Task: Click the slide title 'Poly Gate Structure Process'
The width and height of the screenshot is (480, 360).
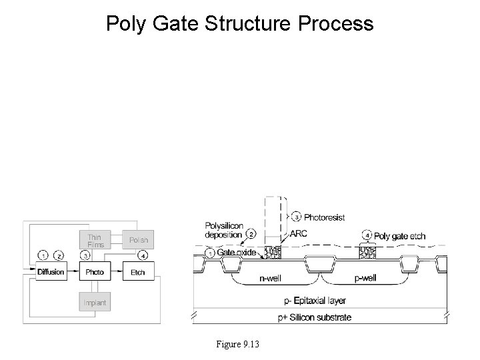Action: [x=240, y=24]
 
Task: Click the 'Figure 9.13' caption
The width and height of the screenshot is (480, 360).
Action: [x=238, y=344]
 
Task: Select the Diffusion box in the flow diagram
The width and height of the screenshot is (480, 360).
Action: [x=51, y=272]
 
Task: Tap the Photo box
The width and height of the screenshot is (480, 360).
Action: [x=95, y=272]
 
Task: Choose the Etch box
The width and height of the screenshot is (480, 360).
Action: [x=137, y=272]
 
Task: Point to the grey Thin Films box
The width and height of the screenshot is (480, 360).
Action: [x=95, y=240]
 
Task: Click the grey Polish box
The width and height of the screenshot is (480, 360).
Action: [x=138, y=240]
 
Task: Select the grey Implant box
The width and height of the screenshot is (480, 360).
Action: [x=95, y=303]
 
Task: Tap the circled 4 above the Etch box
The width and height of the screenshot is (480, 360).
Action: [x=143, y=256]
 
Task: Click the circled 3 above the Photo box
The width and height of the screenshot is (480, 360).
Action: [x=86, y=256]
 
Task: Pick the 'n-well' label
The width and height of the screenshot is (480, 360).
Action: [x=273, y=281]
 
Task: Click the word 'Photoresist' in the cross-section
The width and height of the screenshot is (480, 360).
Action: [x=324, y=217]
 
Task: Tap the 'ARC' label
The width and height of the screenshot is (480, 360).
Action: [x=299, y=234]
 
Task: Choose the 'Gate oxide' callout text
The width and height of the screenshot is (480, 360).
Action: [x=237, y=253]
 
